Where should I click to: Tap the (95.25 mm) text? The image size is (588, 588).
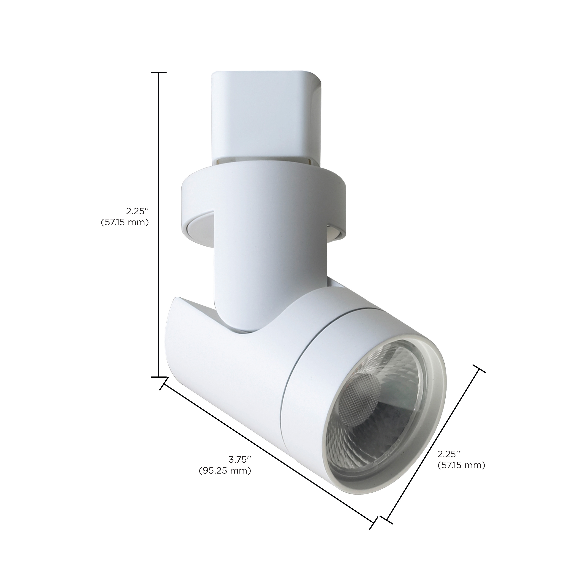pos(225,479)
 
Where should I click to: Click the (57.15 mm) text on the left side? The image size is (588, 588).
pos(125,222)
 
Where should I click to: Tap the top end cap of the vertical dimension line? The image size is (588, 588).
pos(159,73)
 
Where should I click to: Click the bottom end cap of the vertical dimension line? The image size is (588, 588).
pos(159,377)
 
